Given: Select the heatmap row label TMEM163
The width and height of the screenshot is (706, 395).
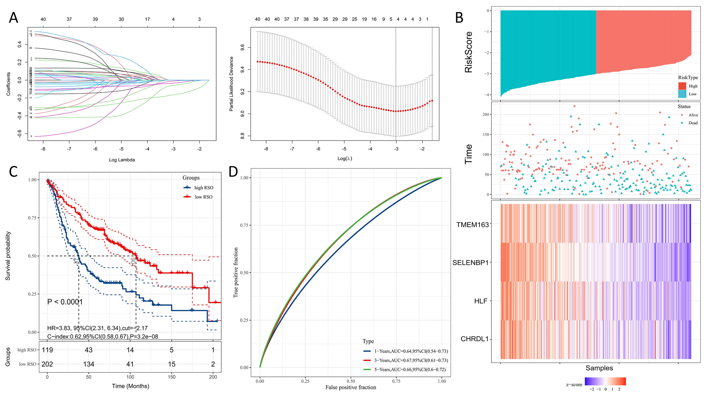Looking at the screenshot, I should (472, 225).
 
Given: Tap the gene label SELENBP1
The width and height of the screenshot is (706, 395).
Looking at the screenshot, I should (470, 263).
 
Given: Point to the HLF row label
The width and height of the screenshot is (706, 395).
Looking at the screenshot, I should (481, 301).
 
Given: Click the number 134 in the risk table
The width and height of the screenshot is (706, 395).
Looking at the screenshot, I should (89, 364).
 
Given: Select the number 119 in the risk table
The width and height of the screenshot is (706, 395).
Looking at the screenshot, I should (47, 350).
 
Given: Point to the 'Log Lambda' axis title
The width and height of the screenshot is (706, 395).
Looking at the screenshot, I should (122, 160).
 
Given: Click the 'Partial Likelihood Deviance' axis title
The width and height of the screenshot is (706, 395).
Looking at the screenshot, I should (231, 84).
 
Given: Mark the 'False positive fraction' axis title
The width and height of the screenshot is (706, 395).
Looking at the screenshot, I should (351, 387).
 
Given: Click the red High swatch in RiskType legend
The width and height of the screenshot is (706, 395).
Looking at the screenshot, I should (682, 86).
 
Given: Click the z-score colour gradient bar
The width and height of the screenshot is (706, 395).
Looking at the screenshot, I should (605, 381).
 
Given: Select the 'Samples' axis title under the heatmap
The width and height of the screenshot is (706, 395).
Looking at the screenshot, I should (599, 368).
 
